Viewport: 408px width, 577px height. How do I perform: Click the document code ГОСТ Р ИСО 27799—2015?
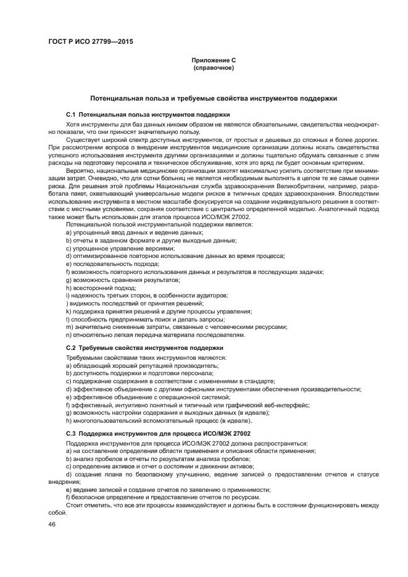pyautogui.click(x=90, y=42)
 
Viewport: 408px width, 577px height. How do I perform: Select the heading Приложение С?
pyautogui.click(x=213, y=60)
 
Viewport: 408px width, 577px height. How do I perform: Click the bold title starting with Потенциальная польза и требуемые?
pyautogui.click(x=213, y=98)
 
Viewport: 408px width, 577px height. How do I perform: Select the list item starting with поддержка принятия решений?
pyautogui.click(x=154, y=312)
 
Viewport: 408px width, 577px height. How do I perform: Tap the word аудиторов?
pyautogui.click(x=213, y=296)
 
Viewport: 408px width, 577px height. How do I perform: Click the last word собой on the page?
pyautogui.click(x=57, y=513)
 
